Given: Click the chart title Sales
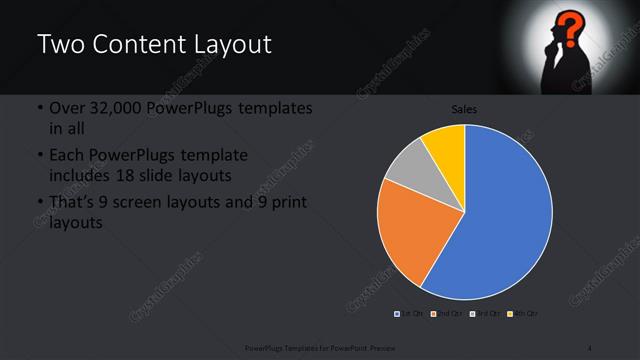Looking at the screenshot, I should [464, 110].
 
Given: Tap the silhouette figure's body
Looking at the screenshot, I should [561, 75].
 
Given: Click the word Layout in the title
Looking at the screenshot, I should [228, 45].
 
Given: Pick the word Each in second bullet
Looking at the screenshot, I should [67, 156].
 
